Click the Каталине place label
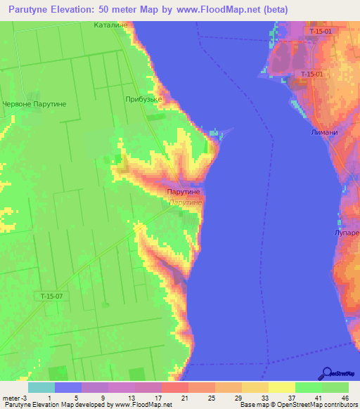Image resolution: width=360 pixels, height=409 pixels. [x=110, y=25]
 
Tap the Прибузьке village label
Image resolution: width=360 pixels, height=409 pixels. [x=143, y=100]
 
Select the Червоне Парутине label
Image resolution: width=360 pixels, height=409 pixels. [x=34, y=104]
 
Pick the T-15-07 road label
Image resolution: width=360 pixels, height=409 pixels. [x=51, y=297]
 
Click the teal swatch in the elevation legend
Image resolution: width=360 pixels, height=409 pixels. [x=41, y=387]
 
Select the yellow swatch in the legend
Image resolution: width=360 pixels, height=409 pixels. [x=281, y=387]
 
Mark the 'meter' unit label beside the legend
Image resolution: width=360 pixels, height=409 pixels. [x=10, y=398]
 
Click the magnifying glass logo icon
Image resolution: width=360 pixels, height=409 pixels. [x=326, y=373]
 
